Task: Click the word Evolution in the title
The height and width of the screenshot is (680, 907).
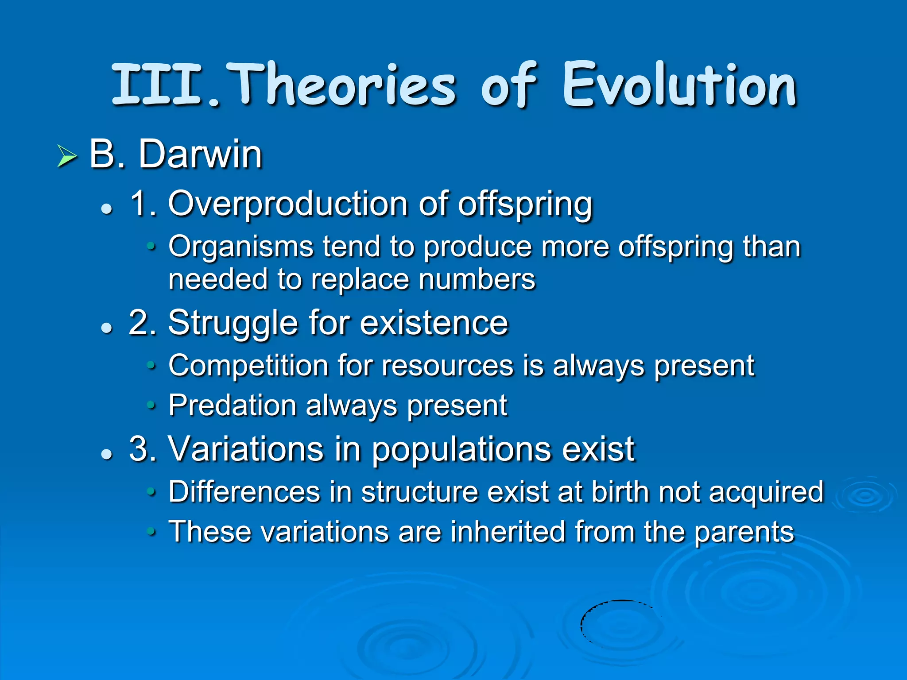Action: [680, 85]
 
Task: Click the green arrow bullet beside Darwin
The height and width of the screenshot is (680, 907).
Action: [67, 156]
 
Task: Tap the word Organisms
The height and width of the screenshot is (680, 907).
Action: [240, 247]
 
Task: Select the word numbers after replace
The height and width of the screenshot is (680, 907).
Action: [477, 279]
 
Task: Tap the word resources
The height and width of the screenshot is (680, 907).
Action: [447, 366]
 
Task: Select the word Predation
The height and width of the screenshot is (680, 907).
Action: [233, 406]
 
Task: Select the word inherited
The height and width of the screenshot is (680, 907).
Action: [508, 531]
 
